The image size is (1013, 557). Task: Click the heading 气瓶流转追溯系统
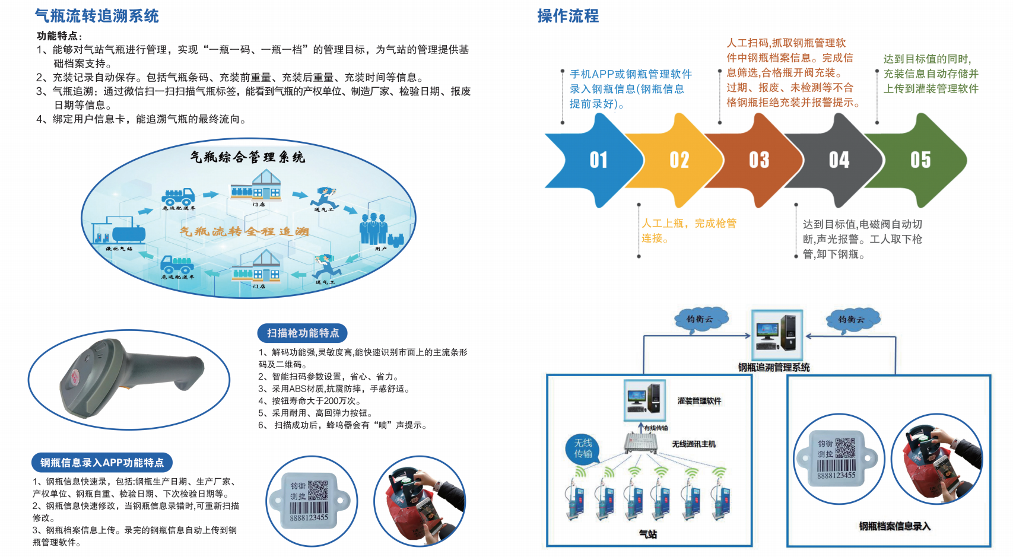tap(97, 16)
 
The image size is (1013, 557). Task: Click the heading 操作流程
tap(568, 16)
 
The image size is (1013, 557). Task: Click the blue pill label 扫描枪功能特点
tap(303, 333)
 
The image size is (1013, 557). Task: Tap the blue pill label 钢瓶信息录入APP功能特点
tap(102, 462)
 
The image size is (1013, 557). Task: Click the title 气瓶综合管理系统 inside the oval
tap(247, 157)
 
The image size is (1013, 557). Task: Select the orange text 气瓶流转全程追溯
tap(244, 231)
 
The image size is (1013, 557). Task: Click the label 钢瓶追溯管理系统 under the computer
tap(774, 367)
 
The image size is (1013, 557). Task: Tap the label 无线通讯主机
tap(694, 444)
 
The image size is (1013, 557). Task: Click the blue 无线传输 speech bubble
tap(583, 448)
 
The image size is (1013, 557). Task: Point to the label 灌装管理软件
tap(699, 401)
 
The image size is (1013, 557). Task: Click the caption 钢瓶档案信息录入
tap(894, 526)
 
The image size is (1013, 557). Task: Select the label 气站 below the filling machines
tap(648, 534)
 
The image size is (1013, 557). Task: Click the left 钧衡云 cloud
tap(700, 319)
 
